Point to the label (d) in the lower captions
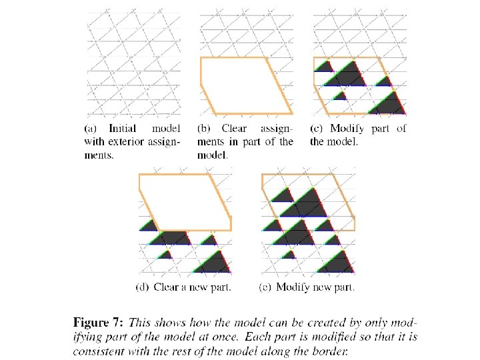[142, 287]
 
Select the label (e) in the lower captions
[265, 287]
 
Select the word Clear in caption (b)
[233, 128]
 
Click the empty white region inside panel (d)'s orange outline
[183, 200]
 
